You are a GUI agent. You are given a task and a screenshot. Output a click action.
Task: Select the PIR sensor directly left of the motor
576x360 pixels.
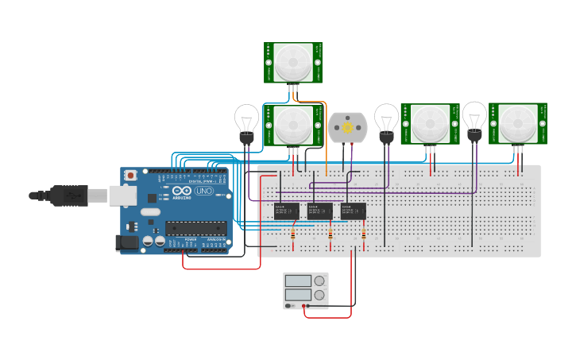pos(293,125)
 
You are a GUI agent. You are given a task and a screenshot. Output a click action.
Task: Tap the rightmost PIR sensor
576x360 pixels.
pos(517,123)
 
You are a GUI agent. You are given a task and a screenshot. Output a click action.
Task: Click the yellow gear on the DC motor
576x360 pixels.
pos(348,127)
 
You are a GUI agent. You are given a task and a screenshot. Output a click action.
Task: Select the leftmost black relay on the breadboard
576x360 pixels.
pos(286,211)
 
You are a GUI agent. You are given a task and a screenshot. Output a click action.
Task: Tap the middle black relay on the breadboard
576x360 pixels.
pos(319,211)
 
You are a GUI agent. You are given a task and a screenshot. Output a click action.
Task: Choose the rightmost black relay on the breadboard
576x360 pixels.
pos(354,211)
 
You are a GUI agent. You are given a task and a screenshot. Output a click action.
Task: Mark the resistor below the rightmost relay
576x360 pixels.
pos(364,234)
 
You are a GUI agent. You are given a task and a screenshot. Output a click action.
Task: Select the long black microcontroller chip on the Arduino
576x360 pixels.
pos(195,228)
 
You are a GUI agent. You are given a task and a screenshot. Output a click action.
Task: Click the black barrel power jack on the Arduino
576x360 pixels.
pos(127,243)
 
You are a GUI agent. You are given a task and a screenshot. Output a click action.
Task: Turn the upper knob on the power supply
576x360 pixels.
pos(319,281)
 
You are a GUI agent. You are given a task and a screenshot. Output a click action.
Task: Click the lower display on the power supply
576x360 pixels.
pos(298,295)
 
